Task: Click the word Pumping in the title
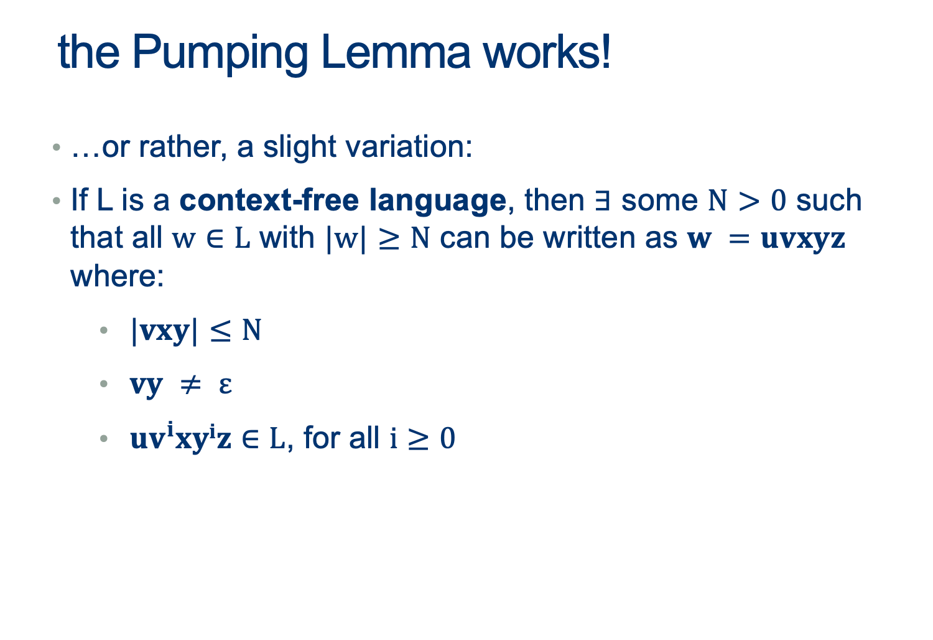click(220, 54)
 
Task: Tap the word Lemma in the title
click(396, 52)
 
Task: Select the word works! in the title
click(547, 52)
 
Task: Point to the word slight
click(299, 148)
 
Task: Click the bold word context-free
click(269, 200)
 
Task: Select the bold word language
click(438, 202)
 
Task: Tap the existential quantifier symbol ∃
click(602, 200)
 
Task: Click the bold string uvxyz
click(803, 240)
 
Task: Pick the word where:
click(118, 276)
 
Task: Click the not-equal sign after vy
click(190, 384)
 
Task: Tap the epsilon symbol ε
click(225, 385)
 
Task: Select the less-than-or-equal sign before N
click(220, 332)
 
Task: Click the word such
click(829, 200)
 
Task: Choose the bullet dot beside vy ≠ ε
click(104, 384)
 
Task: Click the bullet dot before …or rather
click(57, 147)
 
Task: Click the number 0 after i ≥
click(448, 438)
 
